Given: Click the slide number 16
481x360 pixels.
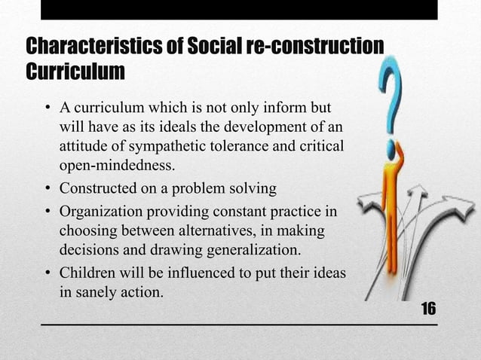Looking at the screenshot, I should (x=428, y=310).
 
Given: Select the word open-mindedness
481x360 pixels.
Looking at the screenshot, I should (x=117, y=164).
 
